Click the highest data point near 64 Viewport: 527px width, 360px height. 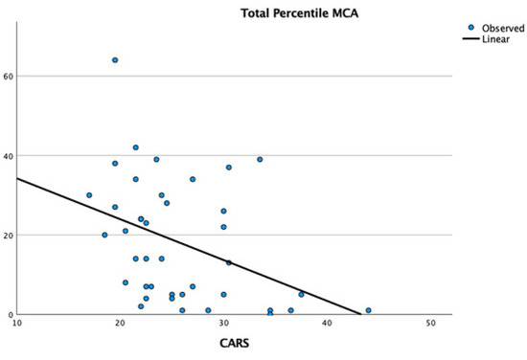click(115, 59)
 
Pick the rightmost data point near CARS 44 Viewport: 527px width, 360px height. click(368, 310)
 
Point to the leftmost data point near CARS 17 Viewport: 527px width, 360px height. click(89, 195)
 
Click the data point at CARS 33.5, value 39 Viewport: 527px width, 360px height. click(260, 159)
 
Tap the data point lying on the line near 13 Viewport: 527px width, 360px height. click(229, 262)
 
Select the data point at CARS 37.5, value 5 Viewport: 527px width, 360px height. click(301, 294)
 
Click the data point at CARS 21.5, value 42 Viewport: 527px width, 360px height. click(136, 147)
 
